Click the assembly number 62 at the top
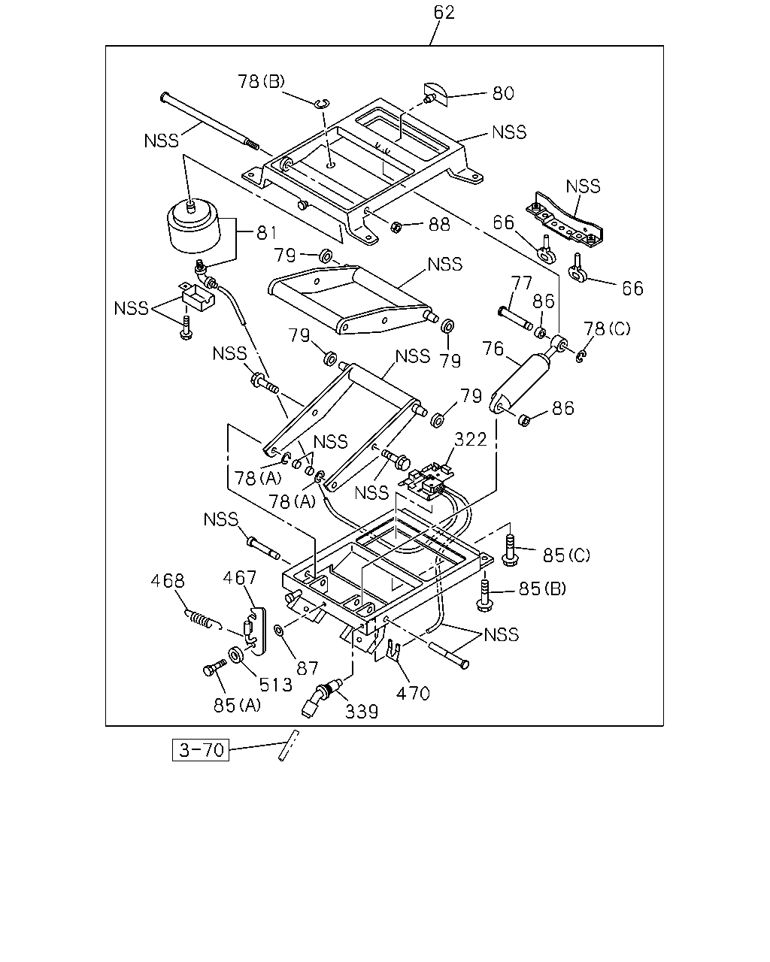pyautogui.click(x=444, y=13)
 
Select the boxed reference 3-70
pyautogui.click(x=201, y=749)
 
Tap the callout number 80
pyautogui.click(x=503, y=93)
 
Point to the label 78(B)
pyautogui.click(x=261, y=81)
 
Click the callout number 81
pyautogui.click(x=267, y=233)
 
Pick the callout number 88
pyautogui.click(x=439, y=225)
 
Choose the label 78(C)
pyautogui.click(x=607, y=329)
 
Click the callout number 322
pyautogui.click(x=471, y=440)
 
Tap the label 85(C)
pyautogui.click(x=566, y=555)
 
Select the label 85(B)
pyautogui.click(x=542, y=588)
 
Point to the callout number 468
pyautogui.click(x=168, y=581)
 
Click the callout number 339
pyautogui.click(x=362, y=712)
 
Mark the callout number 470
pyautogui.click(x=413, y=694)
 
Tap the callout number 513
pyautogui.click(x=276, y=685)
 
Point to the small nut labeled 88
pyautogui.click(x=396, y=227)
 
